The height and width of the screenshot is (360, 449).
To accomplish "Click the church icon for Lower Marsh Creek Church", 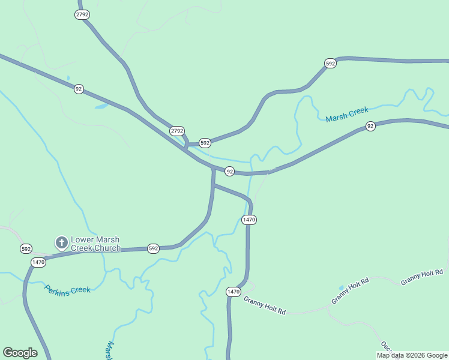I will [61, 242].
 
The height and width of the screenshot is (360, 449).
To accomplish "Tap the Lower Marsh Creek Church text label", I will [95, 244].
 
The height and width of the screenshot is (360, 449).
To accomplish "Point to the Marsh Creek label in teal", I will [347, 115].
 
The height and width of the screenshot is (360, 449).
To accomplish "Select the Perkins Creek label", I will [67, 289].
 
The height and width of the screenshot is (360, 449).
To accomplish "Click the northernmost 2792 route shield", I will [83, 14].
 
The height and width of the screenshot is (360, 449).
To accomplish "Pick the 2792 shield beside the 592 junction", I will [176, 130].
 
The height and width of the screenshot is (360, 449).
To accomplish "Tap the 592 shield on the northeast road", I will [330, 63].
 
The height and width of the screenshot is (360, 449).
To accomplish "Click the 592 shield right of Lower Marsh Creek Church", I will [153, 248].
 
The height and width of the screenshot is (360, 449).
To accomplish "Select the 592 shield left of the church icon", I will [26, 248].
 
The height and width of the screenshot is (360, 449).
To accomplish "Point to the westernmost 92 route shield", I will [79, 89].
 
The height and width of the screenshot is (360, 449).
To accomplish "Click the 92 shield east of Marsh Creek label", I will [370, 126].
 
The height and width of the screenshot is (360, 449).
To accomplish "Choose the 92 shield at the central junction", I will [229, 172].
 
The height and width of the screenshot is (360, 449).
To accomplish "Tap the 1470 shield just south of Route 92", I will [249, 220].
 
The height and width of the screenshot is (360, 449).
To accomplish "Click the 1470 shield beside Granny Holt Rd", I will [234, 292].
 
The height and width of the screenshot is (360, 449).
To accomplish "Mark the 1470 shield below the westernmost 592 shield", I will [38, 262].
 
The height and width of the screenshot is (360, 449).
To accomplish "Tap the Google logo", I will [20, 353].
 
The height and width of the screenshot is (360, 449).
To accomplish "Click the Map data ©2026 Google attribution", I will [412, 355].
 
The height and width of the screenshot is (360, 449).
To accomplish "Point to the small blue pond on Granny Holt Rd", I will [342, 288].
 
